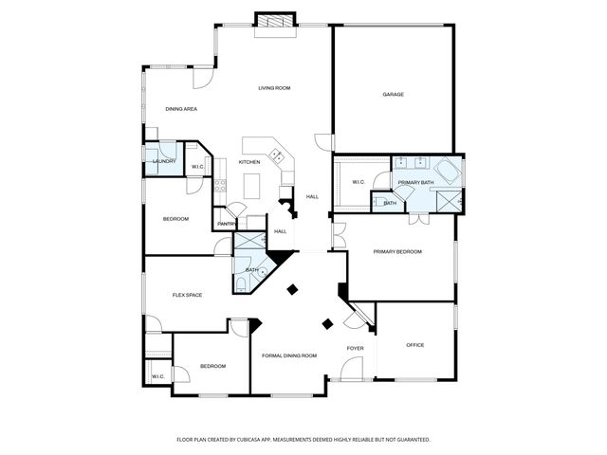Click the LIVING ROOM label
click(274, 88)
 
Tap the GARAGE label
click(394, 95)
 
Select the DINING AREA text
click(180, 109)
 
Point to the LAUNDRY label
click(164, 161)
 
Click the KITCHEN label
click(249, 162)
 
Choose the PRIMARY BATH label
click(415, 182)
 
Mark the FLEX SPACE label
click(187, 295)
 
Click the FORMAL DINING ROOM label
click(289, 355)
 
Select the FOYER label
click(355, 349)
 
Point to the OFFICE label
click(414, 344)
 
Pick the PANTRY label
click(226, 224)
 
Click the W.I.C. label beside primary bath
click(359, 182)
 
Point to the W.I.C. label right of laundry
click(198, 168)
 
